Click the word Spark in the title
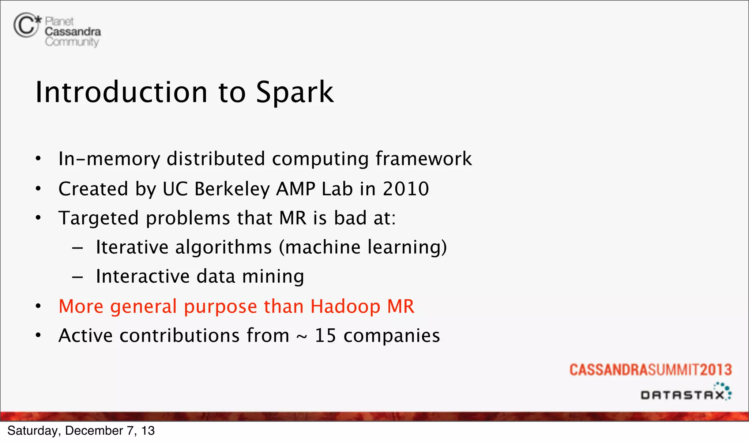[294, 92]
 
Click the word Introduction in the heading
[121, 92]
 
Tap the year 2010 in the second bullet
[406, 189]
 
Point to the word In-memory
[109, 159]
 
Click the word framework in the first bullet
[424, 159]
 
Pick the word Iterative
[132, 247]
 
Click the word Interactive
[143, 276]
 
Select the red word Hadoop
[345, 306]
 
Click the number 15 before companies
[325, 336]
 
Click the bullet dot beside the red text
[38, 306]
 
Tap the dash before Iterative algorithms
[77, 248]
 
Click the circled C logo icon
[26, 25]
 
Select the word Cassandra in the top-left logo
[73, 32]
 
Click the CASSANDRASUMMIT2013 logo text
[650, 370]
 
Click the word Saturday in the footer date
[32, 431]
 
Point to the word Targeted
[98, 218]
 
